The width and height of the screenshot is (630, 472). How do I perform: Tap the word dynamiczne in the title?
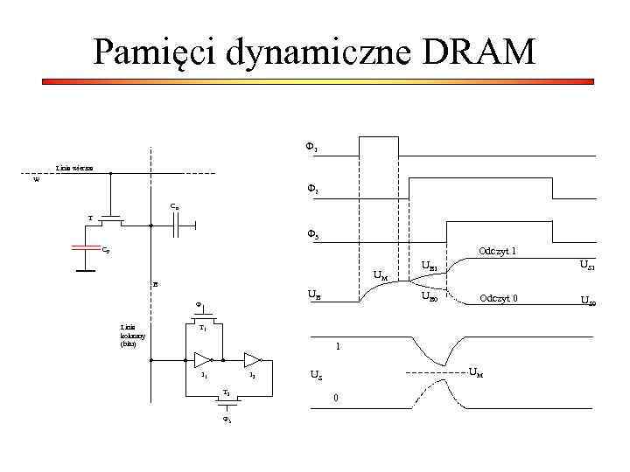[x=310, y=52]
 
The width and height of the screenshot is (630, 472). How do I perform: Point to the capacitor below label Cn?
[x=178, y=226]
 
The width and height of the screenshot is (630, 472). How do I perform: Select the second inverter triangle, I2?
[x=252, y=359]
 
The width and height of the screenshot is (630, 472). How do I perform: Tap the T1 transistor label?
[x=203, y=329]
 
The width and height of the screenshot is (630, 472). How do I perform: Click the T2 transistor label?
[x=227, y=392]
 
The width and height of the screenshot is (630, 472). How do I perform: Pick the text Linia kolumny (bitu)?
[x=134, y=336]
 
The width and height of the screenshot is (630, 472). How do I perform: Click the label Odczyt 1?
[x=497, y=252]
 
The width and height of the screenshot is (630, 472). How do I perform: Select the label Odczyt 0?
[x=499, y=298]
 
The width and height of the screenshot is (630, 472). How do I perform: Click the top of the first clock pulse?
[x=378, y=136]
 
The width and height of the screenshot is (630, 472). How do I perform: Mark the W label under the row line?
[x=36, y=181]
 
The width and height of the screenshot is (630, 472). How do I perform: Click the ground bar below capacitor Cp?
[x=85, y=271]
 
